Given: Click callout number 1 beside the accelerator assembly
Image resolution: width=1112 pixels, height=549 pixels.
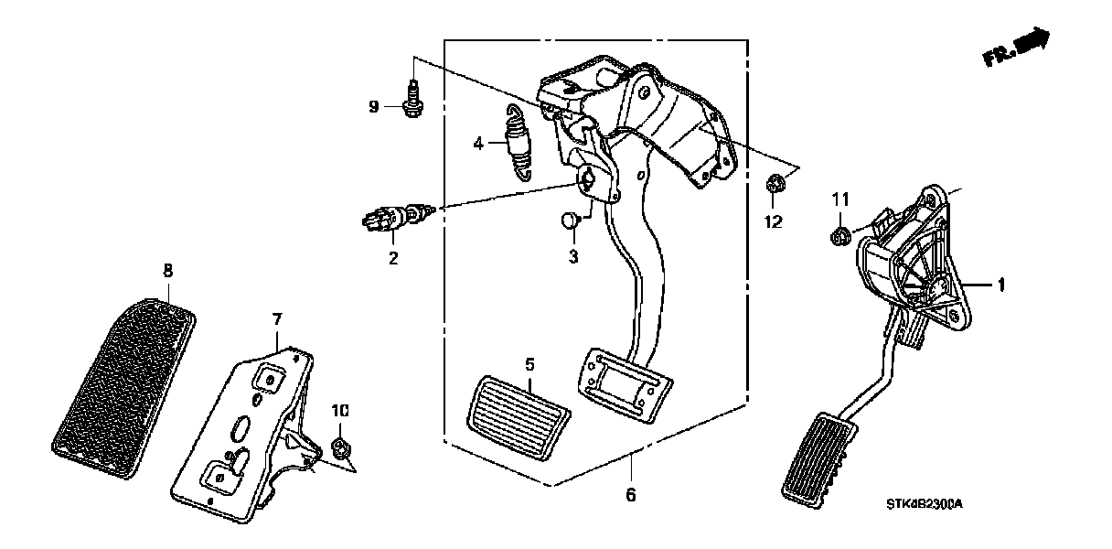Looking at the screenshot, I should [1000, 286].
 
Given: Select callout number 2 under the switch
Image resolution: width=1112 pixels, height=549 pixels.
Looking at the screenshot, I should [393, 259].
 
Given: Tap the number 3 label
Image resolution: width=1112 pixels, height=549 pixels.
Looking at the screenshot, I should [572, 258].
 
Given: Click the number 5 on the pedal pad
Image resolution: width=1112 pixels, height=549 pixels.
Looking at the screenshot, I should [529, 365].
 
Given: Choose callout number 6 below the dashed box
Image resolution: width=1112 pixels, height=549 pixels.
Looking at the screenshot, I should [630, 495].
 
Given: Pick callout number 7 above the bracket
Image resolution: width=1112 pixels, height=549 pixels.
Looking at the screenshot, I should [277, 318].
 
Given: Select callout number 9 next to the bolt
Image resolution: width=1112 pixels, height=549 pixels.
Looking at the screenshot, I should [373, 107].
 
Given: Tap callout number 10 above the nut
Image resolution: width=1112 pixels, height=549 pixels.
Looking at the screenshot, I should [339, 413].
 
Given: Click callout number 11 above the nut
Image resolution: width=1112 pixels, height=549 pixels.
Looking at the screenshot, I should [839, 199].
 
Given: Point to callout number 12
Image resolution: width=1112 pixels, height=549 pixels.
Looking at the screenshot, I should [774, 221].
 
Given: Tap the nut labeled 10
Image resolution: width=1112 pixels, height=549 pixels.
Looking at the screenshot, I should [340, 447].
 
